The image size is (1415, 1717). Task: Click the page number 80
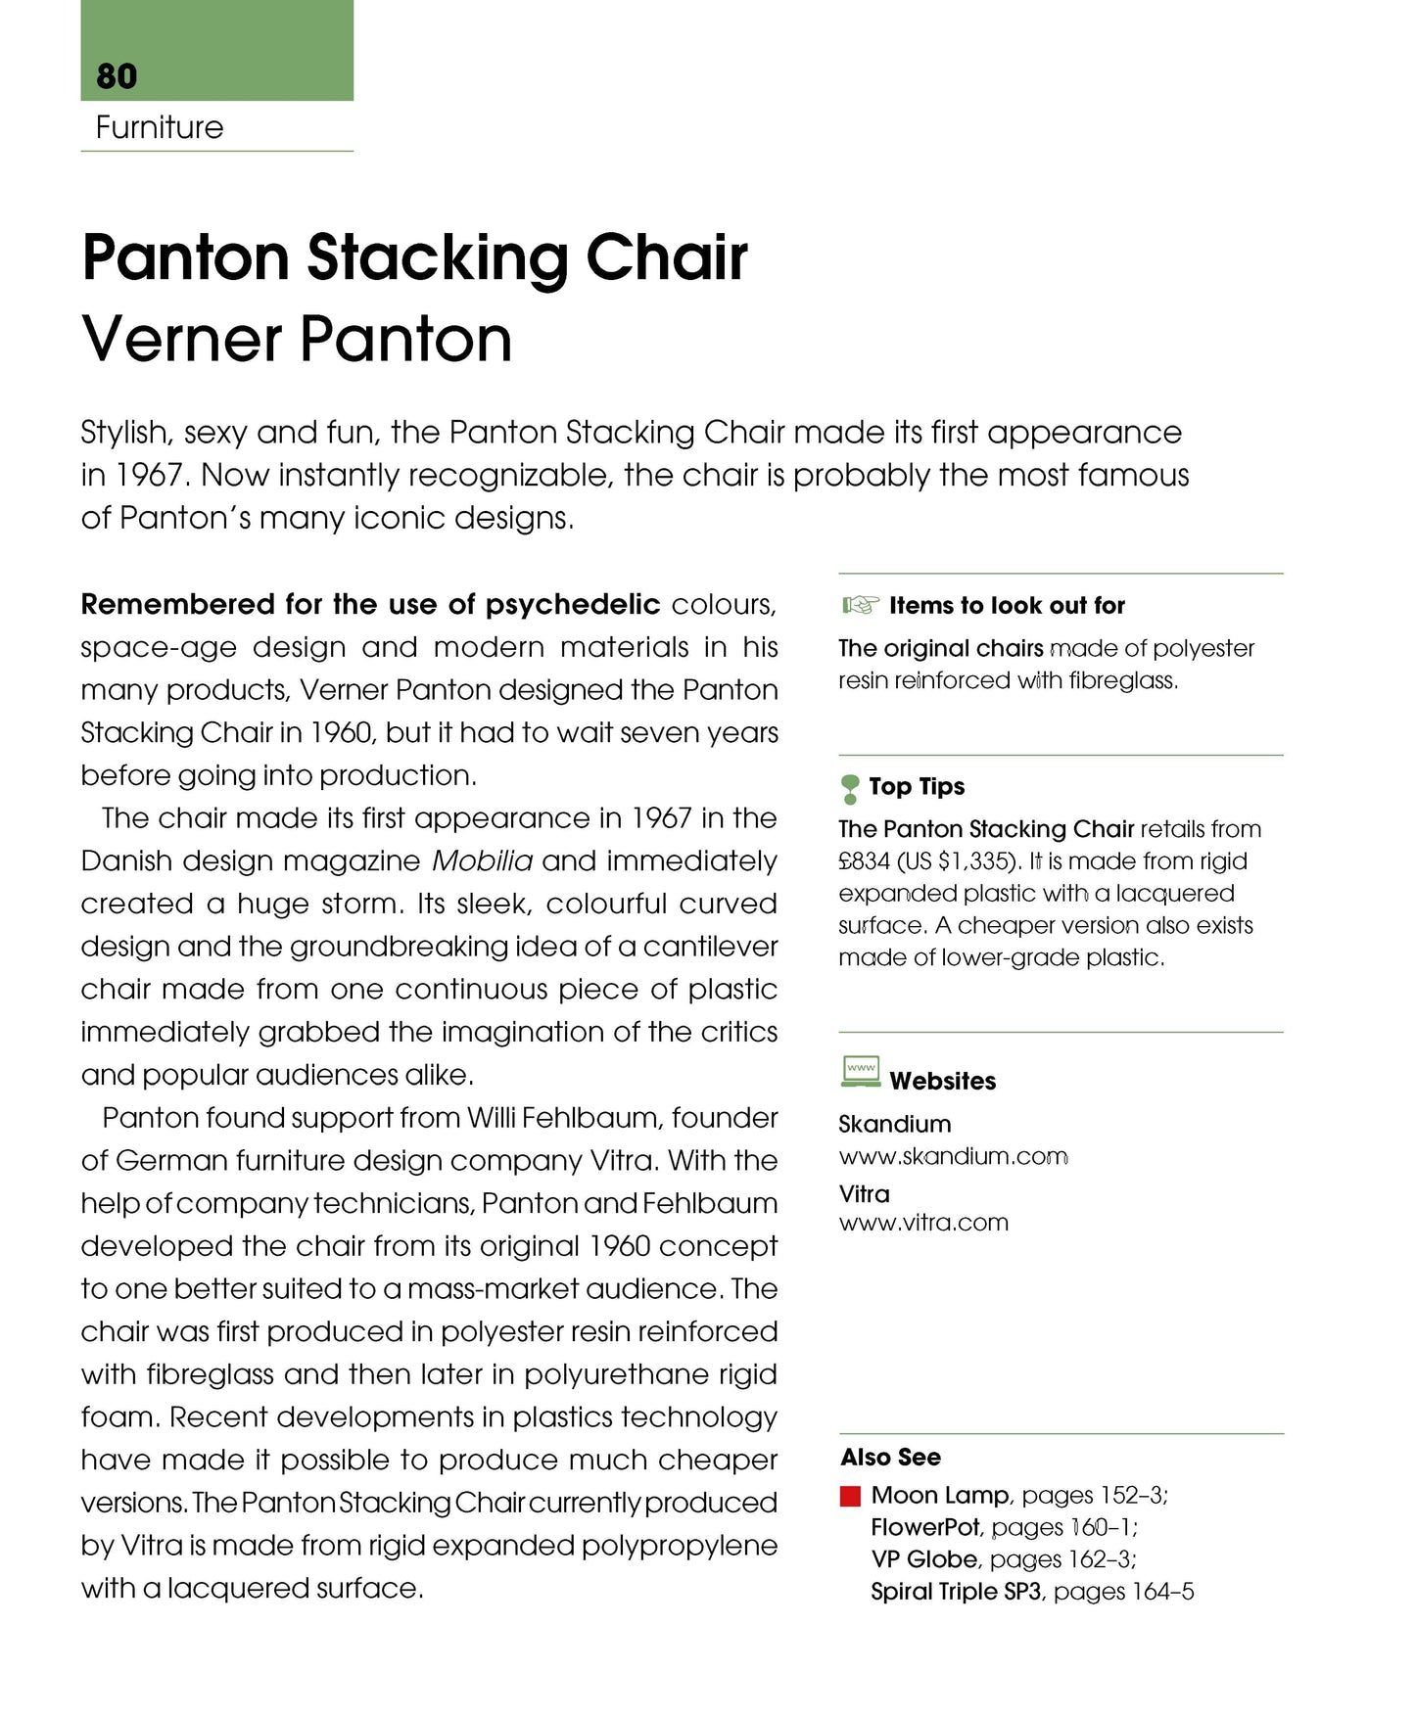pos(117,76)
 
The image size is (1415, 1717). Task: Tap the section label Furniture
pos(160,127)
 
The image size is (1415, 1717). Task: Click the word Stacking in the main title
pos(438,258)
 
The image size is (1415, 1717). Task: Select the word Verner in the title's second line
pos(182,340)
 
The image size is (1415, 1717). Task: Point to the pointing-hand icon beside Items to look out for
pos(860,605)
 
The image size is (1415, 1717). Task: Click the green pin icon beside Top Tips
pos(850,788)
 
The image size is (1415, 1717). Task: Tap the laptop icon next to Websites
pos(861,1072)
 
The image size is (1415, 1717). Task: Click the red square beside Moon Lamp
pos(850,1496)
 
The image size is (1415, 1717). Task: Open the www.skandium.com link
pos(953,1157)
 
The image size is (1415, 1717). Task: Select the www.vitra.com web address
pos(923,1223)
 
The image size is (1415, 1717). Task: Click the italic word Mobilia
pos(482,861)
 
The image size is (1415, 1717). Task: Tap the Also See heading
pos(890,1458)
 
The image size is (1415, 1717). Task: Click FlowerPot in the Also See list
pos(925,1527)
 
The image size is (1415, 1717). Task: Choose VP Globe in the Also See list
pos(923,1559)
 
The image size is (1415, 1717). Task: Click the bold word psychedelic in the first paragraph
pos(573,605)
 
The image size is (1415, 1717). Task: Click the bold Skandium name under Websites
pos(895,1124)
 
